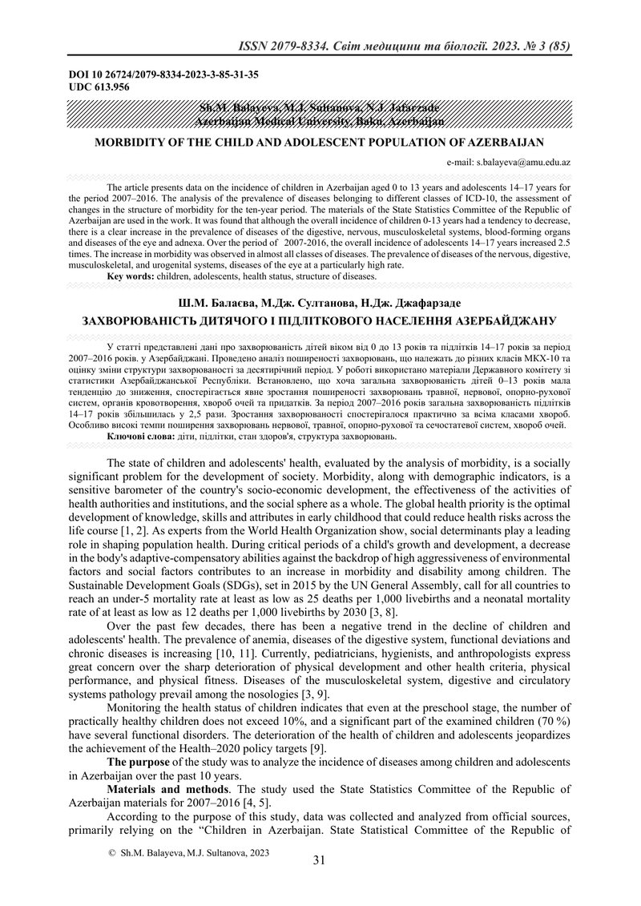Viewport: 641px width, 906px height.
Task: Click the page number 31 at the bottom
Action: pos(319,860)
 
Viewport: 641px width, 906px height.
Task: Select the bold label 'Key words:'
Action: pos(131,276)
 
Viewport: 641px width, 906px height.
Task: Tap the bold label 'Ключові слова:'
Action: pos(135,437)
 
